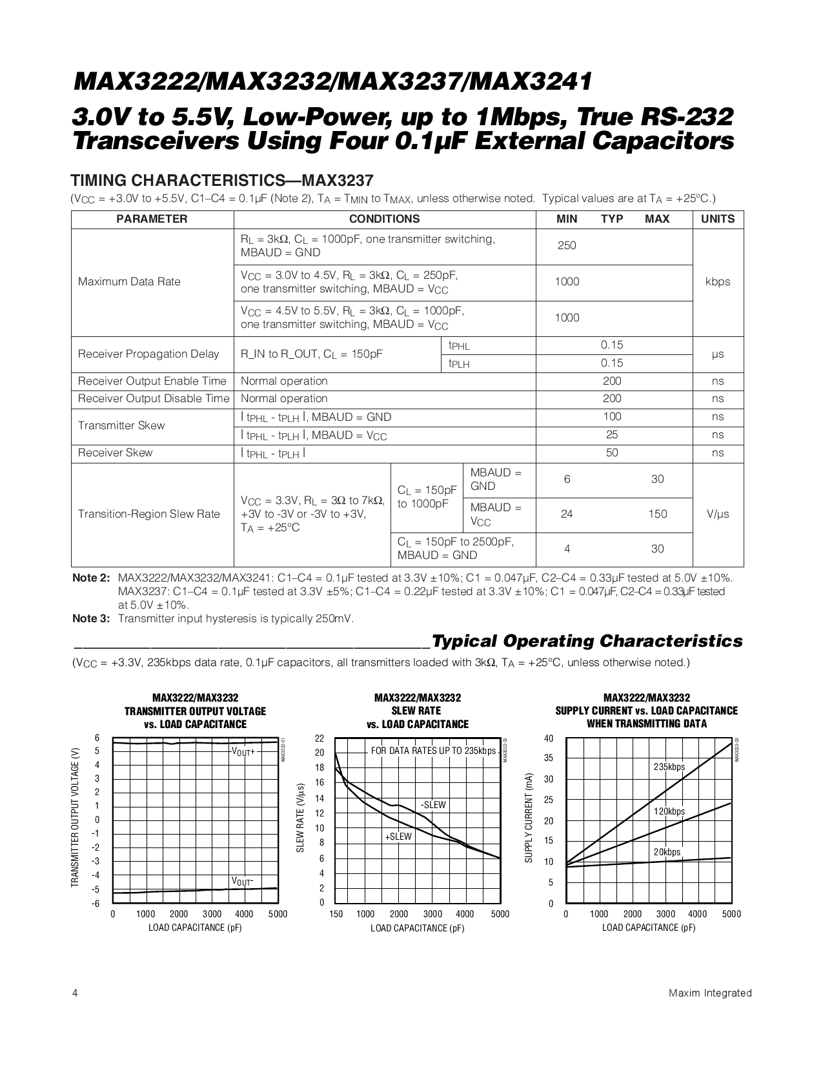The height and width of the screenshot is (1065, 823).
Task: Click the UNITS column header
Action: point(717,219)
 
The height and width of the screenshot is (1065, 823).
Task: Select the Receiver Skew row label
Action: point(115,452)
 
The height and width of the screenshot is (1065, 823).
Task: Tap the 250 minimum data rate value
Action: point(566,245)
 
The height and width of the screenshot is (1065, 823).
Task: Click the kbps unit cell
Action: point(717,281)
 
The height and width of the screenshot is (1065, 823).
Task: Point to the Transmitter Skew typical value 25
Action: point(611,434)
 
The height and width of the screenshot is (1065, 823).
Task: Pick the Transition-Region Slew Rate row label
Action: point(148,514)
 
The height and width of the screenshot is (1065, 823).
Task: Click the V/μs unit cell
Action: point(717,514)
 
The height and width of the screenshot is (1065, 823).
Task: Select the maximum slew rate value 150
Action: point(657,514)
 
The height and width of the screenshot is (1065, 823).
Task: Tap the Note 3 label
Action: point(91,618)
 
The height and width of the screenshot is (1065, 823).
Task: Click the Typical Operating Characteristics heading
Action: point(587,641)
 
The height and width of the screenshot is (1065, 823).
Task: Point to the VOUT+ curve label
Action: point(243,752)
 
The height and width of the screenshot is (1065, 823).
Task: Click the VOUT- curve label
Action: point(243,881)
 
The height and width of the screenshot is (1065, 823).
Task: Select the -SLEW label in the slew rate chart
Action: point(433,805)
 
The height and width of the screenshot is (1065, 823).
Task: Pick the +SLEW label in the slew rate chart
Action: point(398,837)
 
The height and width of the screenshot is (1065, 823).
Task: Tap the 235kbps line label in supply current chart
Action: point(669,767)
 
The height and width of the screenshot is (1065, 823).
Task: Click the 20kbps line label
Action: point(667,852)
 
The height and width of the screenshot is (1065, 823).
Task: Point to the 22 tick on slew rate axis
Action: point(320,738)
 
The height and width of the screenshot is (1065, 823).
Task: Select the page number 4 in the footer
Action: point(75,993)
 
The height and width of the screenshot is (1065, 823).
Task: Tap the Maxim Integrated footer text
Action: point(710,993)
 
